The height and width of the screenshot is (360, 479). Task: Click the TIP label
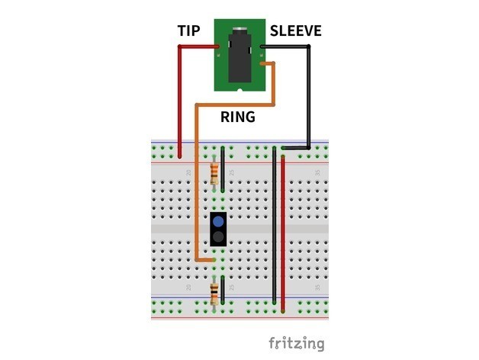(x=188, y=31)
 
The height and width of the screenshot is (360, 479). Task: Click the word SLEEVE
(x=295, y=31)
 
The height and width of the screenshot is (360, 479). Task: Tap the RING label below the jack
(x=238, y=117)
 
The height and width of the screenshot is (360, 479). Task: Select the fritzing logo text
(x=296, y=342)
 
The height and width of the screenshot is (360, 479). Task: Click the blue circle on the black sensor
(x=220, y=221)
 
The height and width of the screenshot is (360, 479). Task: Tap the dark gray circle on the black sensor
(x=220, y=238)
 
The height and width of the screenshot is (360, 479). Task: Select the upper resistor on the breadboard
(x=214, y=173)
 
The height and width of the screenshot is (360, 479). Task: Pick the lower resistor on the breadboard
(x=214, y=291)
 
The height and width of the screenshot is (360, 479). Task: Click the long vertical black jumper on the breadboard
(x=275, y=225)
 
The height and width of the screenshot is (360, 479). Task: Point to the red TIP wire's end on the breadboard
(x=180, y=157)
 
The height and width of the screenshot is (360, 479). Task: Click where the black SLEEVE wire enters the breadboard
(x=284, y=147)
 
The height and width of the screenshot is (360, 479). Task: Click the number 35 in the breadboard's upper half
(x=318, y=173)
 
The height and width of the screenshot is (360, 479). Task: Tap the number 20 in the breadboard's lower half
(x=189, y=288)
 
